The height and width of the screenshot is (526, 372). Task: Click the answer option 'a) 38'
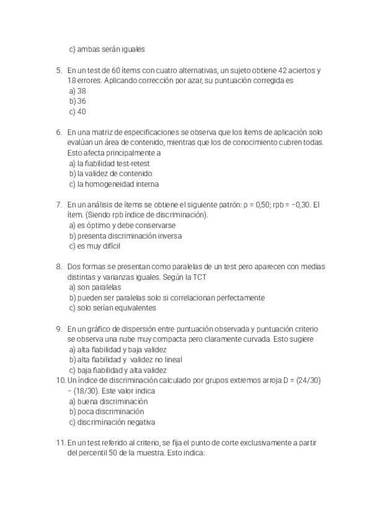(77, 91)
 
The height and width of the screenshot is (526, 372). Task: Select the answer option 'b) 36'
(77, 101)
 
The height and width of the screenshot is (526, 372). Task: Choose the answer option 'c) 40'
(77, 112)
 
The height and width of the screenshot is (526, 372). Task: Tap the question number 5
(59, 70)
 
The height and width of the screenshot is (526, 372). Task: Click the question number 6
(59, 132)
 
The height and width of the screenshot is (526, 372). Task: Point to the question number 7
(59, 204)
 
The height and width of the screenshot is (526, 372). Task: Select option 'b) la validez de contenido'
(110, 174)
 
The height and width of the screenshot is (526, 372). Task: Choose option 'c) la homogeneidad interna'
(113, 184)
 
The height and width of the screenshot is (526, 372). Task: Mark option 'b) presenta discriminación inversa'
(125, 236)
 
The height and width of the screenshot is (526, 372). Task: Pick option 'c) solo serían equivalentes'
(112, 308)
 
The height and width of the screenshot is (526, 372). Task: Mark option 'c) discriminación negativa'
(112, 421)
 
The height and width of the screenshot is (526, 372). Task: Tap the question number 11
(60, 442)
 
